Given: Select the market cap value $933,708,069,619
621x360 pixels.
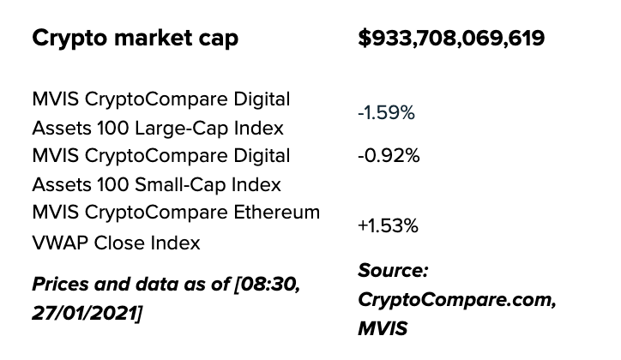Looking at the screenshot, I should [450, 39].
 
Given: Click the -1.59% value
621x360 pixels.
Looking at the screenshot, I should [388, 113].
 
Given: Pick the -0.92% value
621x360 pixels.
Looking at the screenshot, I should [389, 156].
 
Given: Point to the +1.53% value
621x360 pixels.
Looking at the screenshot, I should [388, 226].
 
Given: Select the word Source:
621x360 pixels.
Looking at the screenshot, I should [393, 272].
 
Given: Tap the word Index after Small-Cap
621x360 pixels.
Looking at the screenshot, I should [256, 184].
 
